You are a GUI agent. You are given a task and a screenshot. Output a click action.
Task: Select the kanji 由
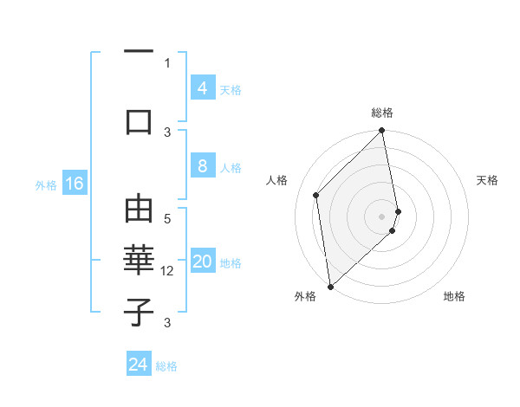click(x=139, y=210)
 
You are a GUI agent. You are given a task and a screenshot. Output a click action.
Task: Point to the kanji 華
click(x=139, y=261)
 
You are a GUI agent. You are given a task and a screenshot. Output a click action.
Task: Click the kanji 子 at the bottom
click(x=139, y=312)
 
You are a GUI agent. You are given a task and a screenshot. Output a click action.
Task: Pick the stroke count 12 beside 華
click(x=168, y=271)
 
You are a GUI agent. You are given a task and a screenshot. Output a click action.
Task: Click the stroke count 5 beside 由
click(x=168, y=219)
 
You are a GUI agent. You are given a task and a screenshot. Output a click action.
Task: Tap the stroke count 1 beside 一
click(x=167, y=62)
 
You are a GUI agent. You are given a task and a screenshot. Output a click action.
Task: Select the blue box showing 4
click(x=202, y=87)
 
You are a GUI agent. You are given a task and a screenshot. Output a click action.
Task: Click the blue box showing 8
click(x=202, y=166)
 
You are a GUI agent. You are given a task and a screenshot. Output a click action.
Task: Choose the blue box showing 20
click(x=203, y=262)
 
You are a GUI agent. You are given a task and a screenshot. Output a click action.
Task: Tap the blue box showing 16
click(x=74, y=184)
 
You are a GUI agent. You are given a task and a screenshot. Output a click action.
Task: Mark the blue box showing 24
click(x=139, y=365)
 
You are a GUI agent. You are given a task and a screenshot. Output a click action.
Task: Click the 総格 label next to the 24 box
click(x=166, y=366)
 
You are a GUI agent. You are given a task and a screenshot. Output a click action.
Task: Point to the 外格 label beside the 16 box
click(x=46, y=184)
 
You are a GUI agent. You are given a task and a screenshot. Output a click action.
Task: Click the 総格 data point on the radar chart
click(x=382, y=132)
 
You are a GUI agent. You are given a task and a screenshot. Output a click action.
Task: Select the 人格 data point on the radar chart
click(x=316, y=195)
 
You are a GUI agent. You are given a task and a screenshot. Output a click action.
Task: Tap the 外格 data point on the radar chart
click(x=330, y=287)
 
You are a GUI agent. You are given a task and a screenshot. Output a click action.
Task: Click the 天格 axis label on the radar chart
click(x=488, y=180)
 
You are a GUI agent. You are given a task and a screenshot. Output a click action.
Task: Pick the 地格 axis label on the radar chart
click(x=454, y=296)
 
